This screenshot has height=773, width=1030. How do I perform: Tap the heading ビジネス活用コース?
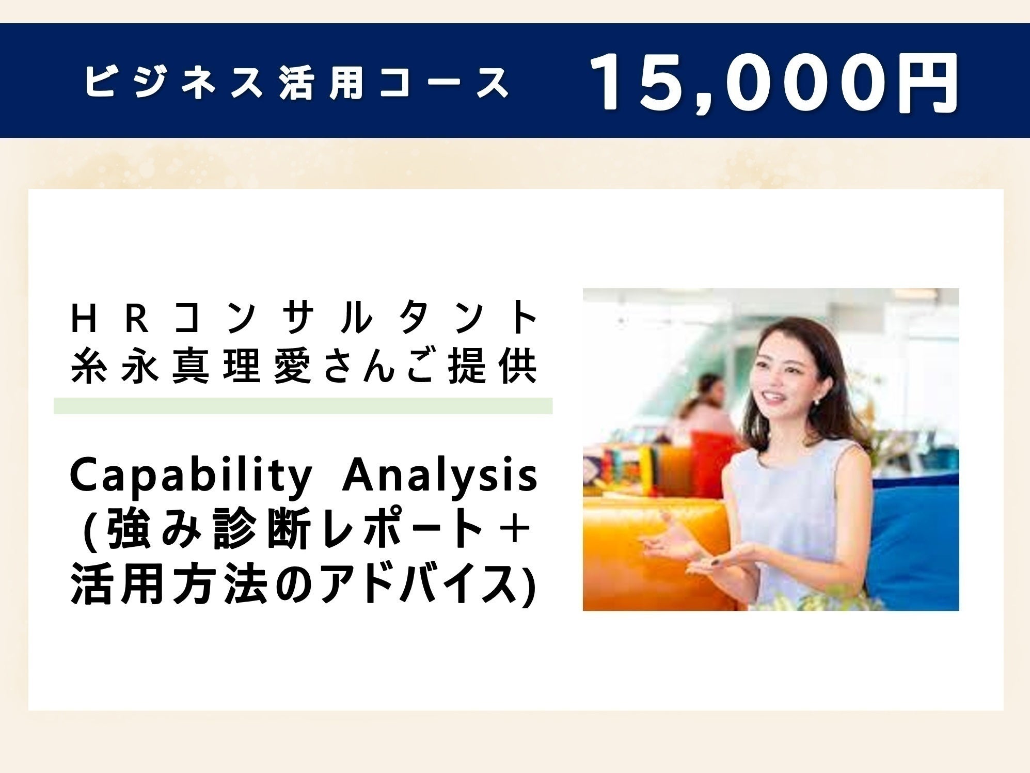tap(297, 83)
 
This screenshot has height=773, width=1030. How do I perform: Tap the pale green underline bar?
tap(303, 406)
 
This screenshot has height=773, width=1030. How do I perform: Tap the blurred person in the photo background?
tap(707, 403)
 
